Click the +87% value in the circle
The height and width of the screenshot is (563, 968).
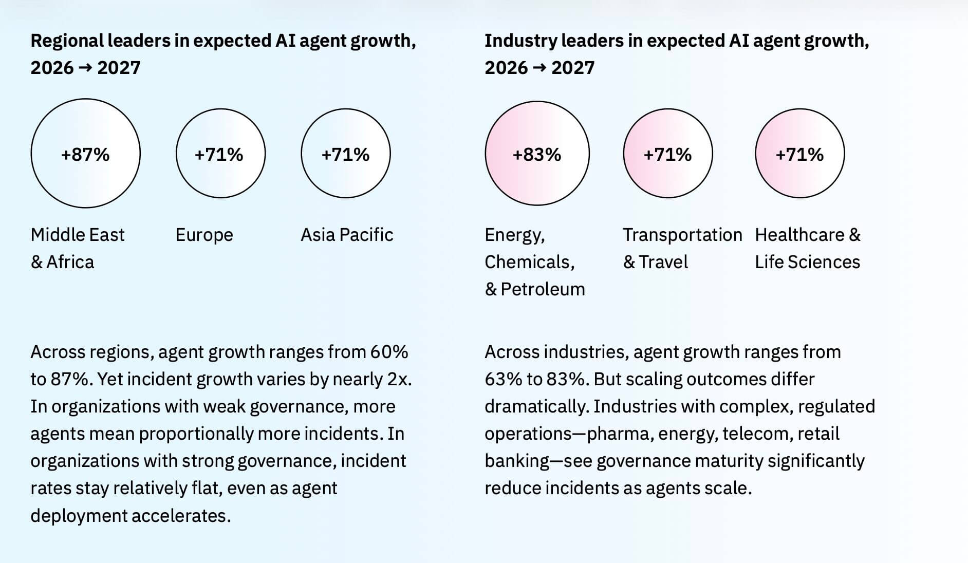[85, 154]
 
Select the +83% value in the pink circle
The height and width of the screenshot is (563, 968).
[537, 154]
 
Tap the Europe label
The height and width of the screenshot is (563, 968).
[204, 235]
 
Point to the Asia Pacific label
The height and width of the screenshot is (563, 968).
[347, 235]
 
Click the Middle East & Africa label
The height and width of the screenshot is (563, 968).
[78, 248]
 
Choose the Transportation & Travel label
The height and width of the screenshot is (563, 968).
[682, 248]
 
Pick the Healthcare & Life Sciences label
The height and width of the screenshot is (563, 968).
[808, 248]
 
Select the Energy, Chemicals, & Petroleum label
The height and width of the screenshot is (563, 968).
[535, 262]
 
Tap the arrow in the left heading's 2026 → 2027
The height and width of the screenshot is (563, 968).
[85, 68]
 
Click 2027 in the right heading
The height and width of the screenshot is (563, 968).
[573, 68]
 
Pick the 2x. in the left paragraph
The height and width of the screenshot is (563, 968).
[399, 380]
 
